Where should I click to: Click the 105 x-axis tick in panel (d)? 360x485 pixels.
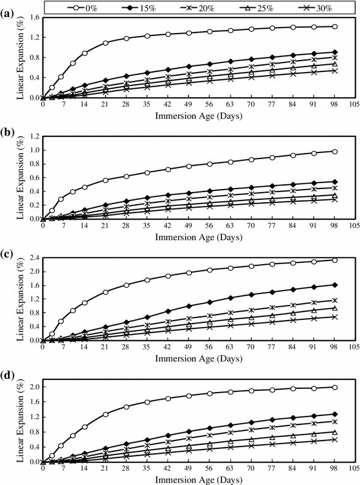point(354,469)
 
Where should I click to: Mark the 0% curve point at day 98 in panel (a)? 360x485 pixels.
point(334,26)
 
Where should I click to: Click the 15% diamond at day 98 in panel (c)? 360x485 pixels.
point(334,285)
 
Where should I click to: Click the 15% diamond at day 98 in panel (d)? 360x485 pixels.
point(334,414)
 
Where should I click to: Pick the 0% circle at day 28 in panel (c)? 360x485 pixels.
point(126,285)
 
